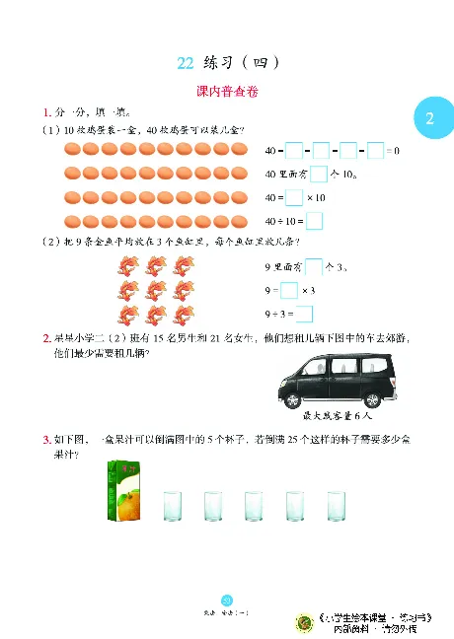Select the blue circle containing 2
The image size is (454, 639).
pos(429,119)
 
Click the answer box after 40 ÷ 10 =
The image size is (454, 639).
pos(329,221)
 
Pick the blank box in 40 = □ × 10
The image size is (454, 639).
pos(293,197)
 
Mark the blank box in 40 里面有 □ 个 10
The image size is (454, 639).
pos(319,175)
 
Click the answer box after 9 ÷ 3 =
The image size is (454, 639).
pos(305,314)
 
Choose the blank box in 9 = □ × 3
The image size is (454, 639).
pos(289,290)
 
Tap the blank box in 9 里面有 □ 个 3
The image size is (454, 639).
pos(314,266)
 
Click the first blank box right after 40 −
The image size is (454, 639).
pos(293,151)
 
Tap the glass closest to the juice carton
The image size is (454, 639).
pos(172,507)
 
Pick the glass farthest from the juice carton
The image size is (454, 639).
pos(335,507)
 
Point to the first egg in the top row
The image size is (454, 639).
pos(72,151)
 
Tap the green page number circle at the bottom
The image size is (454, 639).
pos(226,601)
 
